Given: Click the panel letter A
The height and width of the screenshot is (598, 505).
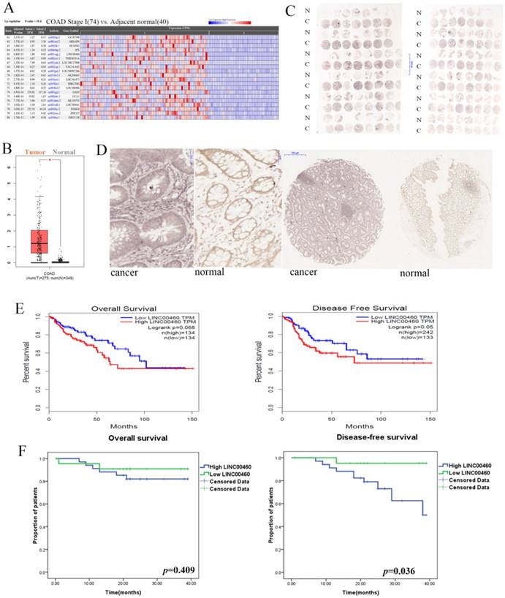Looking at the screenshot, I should click(x=9, y=9).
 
